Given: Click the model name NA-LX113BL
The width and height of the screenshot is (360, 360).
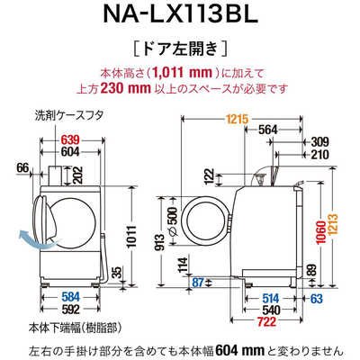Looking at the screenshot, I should [x=180, y=15].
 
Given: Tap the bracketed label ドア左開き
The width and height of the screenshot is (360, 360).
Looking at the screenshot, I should [x=180, y=46].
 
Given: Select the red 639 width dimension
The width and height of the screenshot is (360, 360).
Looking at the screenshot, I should [x=68, y=139].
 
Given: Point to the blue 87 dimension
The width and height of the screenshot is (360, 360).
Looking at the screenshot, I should [x=199, y=282].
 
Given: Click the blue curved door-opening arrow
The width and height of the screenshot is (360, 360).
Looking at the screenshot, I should [x=33, y=238].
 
